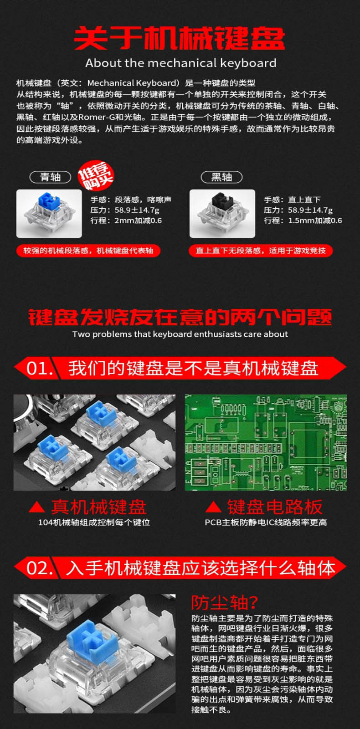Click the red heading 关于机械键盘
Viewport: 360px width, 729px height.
[180, 38]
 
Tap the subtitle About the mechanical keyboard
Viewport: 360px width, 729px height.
[181, 63]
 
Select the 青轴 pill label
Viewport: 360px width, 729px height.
[51, 177]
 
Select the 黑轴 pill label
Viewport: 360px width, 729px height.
[221, 177]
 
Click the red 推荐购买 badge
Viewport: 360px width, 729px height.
[96, 176]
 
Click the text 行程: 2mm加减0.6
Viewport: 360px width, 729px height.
[126, 221]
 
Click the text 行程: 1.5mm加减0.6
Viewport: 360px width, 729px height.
[303, 221]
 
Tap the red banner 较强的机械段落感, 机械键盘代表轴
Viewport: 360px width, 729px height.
[88, 251]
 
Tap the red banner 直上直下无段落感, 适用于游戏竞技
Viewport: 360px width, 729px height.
[261, 251]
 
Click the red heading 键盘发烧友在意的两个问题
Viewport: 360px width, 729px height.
[180, 317]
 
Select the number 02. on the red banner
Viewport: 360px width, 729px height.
[39, 568]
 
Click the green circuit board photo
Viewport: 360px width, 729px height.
[266, 442]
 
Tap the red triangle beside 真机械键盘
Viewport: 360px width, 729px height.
[37, 507]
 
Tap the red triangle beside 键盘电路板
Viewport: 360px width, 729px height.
[214, 507]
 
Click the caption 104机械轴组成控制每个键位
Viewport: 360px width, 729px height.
[94, 523]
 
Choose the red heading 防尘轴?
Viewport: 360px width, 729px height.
[224, 602]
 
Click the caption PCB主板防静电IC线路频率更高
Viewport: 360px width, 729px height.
[266, 523]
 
